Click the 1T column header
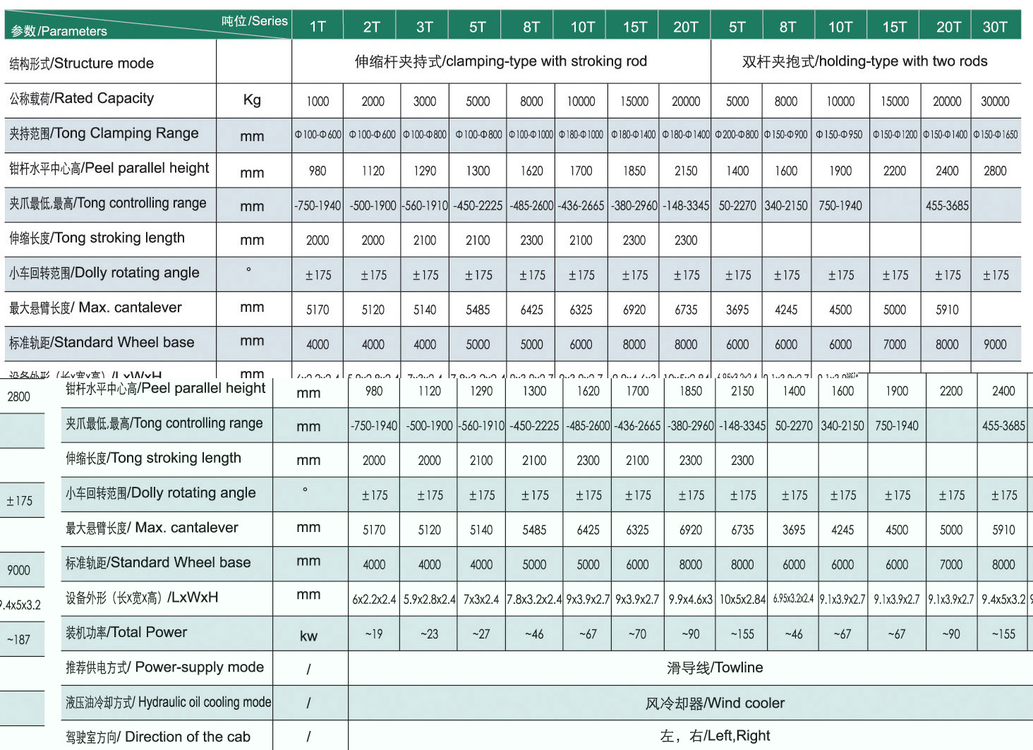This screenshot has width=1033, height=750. click(318, 27)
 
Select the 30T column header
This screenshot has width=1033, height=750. click(995, 27)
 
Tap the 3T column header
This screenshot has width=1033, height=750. click(424, 27)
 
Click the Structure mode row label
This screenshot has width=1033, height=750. click(82, 63)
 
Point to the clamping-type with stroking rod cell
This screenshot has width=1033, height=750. click(501, 61)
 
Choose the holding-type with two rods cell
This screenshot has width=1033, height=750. click(865, 61)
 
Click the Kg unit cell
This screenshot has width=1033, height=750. click(252, 100)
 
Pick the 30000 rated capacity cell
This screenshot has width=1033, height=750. click(995, 102)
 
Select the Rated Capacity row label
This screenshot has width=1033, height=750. click(82, 99)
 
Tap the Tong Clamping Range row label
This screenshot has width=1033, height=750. click(104, 133)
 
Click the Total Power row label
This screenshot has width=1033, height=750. click(127, 632)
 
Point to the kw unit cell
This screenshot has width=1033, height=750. click(308, 636)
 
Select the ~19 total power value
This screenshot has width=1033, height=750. click(374, 634)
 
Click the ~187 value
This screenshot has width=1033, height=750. click(18, 639)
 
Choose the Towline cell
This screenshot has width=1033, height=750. click(715, 667)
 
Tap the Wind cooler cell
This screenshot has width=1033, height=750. click(715, 703)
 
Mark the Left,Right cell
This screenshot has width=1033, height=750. click(715, 736)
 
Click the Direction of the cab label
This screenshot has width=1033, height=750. click(158, 737)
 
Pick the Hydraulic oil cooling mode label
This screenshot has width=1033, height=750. click(168, 702)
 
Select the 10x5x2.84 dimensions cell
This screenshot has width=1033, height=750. click(742, 599)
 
